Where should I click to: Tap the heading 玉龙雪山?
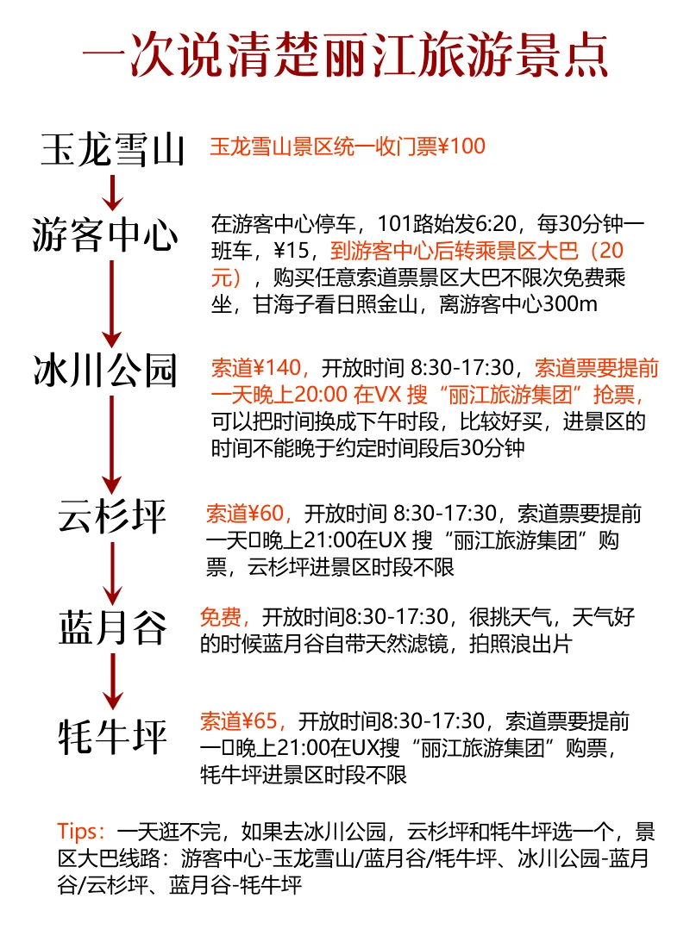pyautogui.click(x=113, y=149)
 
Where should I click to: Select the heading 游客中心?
pyautogui.click(x=105, y=234)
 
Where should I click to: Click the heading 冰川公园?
pyautogui.click(x=105, y=371)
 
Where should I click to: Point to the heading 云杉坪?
pyautogui.click(x=113, y=515)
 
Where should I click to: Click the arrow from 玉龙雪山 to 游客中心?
pyautogui.click(x=111, y=190)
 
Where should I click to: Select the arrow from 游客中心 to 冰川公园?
pyautogui.click(x=111, y=302)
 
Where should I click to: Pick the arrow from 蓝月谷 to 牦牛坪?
pyautogui.click(x=111, y=682)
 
